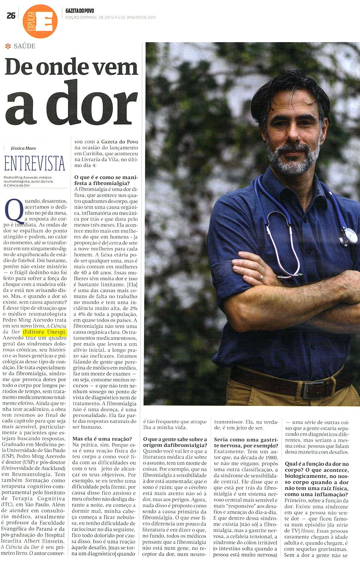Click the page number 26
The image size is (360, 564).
(11, 15)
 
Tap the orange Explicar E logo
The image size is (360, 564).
(40, 21)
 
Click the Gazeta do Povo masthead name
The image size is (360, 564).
(80, 11)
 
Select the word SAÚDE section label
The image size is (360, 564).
(24, 46)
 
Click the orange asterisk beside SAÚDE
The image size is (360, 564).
(8, 46)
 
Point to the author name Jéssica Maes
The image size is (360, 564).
(23, 148)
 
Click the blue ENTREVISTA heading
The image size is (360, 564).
(35, 164)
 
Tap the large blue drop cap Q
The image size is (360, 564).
(15, 211)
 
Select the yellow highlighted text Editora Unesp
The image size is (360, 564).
(45, 332)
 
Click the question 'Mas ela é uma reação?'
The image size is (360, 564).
(102, 439)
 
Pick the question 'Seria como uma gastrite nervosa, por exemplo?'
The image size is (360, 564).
(246, 442)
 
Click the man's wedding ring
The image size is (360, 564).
(262, 278)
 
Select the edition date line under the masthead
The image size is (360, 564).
(111, 17)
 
